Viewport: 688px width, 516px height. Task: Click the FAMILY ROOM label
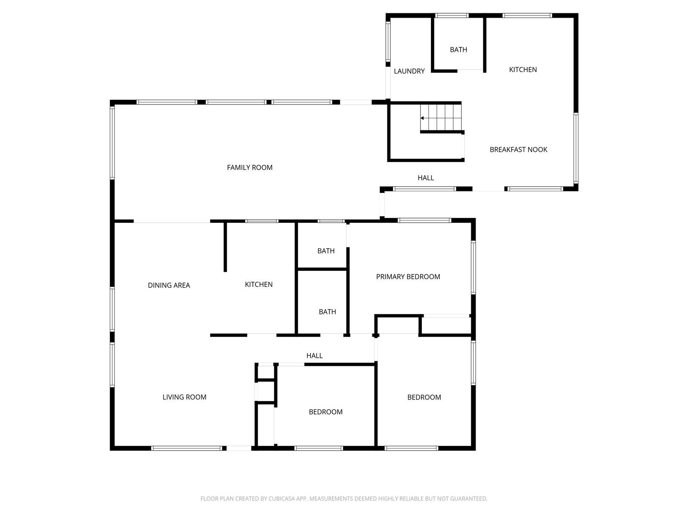(x=249, y=168)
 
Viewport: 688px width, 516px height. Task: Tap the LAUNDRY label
(x=409, y=71)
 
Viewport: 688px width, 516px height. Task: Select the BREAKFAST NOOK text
(x=519, y=150)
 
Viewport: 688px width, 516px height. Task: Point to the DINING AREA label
(x=169, y=286)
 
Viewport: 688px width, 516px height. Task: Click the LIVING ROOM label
(x=184, y=397)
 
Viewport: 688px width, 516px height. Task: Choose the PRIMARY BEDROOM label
(x=408, y=277)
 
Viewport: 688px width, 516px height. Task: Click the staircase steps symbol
(x=441, y=117)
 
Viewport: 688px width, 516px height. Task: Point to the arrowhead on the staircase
(x=422, y=118)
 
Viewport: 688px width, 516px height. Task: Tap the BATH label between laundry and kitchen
(x=458, y=50)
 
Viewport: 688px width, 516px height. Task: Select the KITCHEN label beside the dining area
(x=258, y=285)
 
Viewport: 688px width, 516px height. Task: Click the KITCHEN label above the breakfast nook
(x=523, y=70)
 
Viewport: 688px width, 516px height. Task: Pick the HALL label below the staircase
(x=426, y=178)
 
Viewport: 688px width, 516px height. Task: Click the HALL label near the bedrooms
(x=314, y=356)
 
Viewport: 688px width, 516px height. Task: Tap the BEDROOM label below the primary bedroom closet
(x=424, y=398)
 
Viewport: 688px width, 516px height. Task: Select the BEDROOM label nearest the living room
(x=326, y=412)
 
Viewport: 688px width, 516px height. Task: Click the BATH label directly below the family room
(x=326, y=251)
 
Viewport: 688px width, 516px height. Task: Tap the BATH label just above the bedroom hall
(x=327, y=312)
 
